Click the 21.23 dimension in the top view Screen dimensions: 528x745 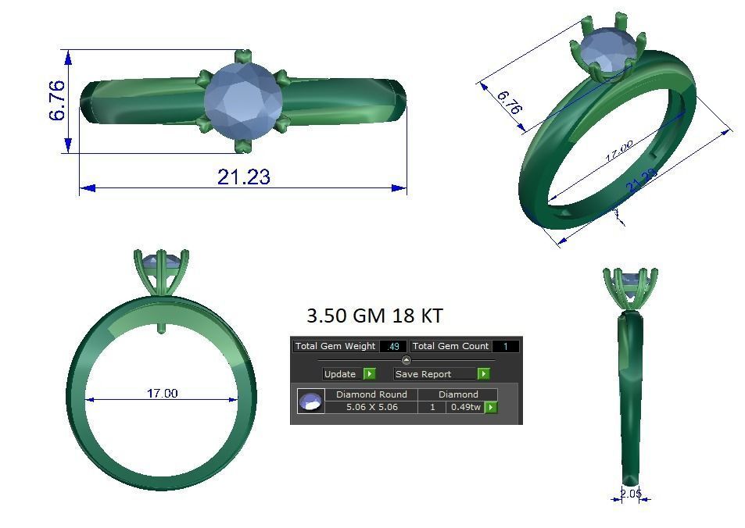coord(243,177)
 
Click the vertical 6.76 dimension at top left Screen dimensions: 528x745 coord(58,101)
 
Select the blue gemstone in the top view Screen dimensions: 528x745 coord(243,102)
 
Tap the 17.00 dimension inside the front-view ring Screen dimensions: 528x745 coord(162,393)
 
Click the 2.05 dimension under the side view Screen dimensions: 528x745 coord(631,494)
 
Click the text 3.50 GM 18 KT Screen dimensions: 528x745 coord(374,316)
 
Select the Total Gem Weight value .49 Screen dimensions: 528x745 coord(393,346)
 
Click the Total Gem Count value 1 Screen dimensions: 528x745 coord(505,346)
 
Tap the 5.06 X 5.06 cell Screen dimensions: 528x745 coord(371,407)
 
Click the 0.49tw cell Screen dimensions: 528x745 coord(465,407)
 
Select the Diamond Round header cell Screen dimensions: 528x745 coord(371,394)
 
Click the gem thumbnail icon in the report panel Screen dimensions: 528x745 coord(310,401)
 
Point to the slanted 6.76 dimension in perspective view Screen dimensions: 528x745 coord(509,102)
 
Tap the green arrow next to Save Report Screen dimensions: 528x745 coord(483,374)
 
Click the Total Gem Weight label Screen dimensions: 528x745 coord(335,346)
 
